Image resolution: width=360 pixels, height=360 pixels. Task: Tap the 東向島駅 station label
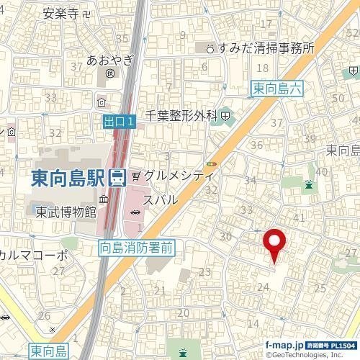(69, 178)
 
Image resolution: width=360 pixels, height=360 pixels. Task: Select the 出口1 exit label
(118, 123)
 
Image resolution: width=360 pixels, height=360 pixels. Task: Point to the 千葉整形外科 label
(181, 114)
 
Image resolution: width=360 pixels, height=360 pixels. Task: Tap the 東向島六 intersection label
(280, 89)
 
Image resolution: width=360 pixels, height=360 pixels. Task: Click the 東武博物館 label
(66, 212)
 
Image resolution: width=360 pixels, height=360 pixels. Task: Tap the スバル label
(160, 199)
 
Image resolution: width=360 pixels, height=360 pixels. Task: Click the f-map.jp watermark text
(284, 346)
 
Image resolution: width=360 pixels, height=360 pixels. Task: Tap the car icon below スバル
(136, 211)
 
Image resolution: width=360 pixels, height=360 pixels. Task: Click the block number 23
(204, 271)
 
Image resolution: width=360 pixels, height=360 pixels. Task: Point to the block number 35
(122, 38)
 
